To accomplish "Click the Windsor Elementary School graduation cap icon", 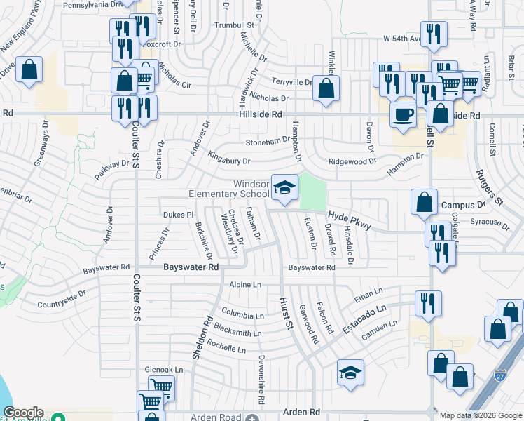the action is (x=284, y=187).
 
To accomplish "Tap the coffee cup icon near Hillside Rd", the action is (x=403, y=114).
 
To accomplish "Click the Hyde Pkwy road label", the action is (x=349, y=220).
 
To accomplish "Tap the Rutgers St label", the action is (x=490, y=187).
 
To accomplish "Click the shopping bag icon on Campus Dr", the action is (x=425, y=202).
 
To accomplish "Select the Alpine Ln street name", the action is (x=245, y=285).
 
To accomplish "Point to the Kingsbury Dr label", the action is (x=229, y=161).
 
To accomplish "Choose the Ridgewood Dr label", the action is (x=353, y=161).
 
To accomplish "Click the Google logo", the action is (x=23, y=413).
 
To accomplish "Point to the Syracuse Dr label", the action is (x=490, y=223).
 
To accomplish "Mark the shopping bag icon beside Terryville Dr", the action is (x=326, y=89).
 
